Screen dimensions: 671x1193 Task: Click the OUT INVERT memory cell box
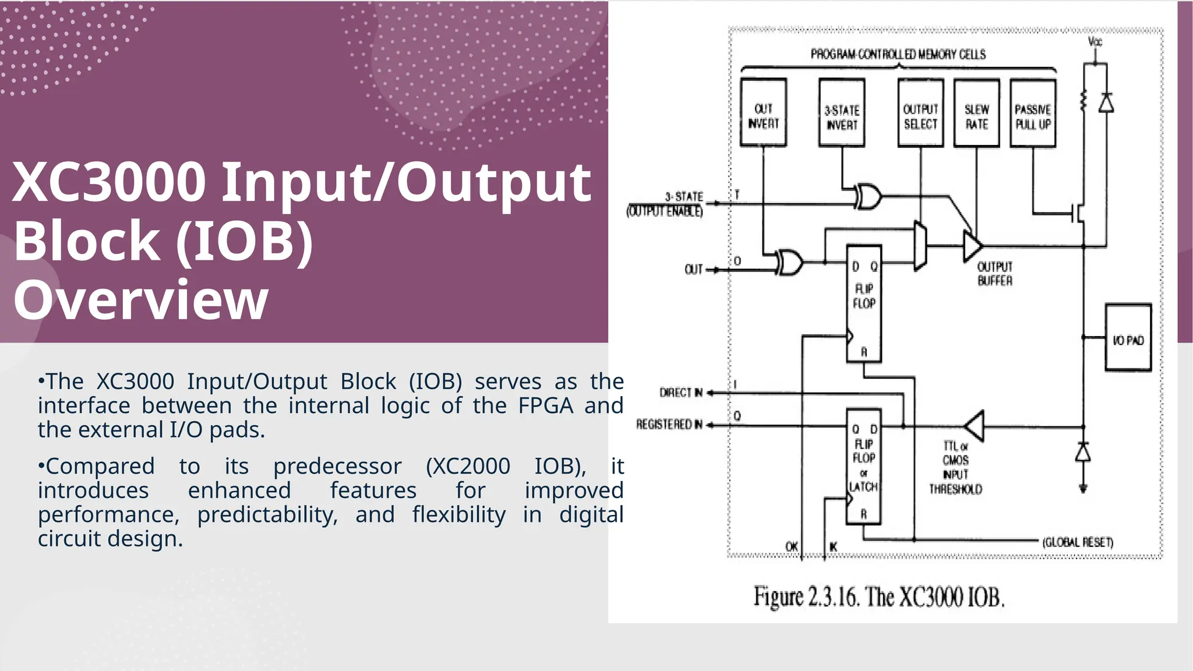click(763, 113)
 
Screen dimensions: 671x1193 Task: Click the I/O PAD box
click(1128, 338)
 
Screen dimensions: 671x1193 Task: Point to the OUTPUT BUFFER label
click(995, 274)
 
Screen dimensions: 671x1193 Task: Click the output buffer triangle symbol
click(972, 246)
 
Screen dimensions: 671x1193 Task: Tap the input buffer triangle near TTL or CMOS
click(975, 426)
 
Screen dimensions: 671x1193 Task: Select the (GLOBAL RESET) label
click(1078, 542)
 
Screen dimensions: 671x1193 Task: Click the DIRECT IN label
click(680, 393)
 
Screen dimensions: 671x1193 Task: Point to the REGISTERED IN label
click(669, 425)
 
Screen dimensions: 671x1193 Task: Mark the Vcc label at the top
click(1095, 42)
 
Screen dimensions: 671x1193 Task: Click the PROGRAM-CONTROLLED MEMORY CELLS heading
click(898, 55)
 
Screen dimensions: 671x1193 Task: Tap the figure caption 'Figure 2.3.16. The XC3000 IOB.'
click(879, 598)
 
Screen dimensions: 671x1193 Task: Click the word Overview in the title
click(141, 300)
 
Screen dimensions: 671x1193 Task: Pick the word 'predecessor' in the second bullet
click(337, 466)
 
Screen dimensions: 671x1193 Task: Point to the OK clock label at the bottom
click(792, 546)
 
